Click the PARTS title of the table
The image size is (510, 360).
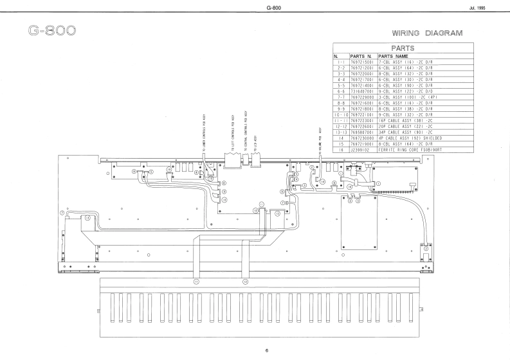[x=401, y=48]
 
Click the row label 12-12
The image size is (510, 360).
[x=341, y=127]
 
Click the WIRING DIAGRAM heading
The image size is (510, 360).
[x=427, y=33]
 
